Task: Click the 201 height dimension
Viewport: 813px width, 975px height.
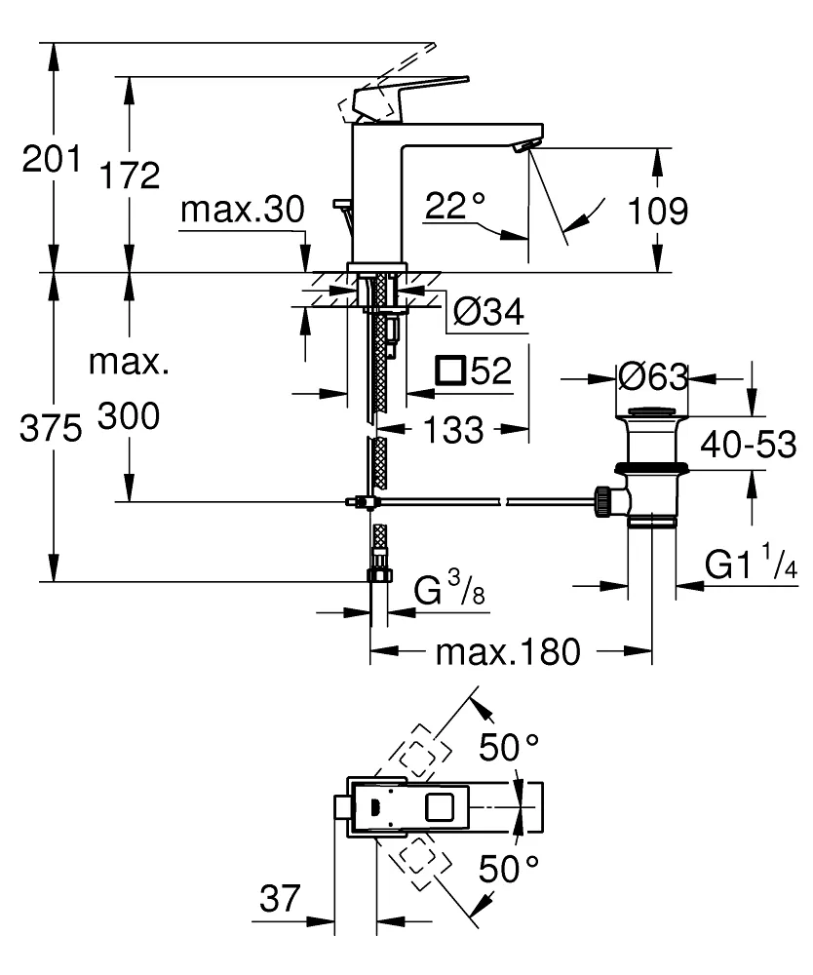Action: pyautogui.click(x=50, y=157)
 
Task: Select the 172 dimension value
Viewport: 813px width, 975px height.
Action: pyautogui.click(x=128, y=175)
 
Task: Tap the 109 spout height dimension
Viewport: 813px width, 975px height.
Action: pyautogui.click(x=658, y=210)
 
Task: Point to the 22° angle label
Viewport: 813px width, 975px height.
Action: pyautogui.click(x=454, y=206)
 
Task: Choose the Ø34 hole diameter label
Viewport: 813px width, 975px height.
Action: pyautogui.click(x=488, y=313)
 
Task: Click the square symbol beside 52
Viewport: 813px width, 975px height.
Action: pyautogui.click(x=450, y=371)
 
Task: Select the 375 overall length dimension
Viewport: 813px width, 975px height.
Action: pyautogui.click(x=50, y=430)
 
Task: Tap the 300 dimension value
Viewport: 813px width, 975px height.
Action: pyautogui.click(x=128, y=418)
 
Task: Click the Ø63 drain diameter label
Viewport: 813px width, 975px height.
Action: pyautogui.click(x=653, y=376)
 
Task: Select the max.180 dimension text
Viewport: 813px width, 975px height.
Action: pyautogui.click(x=507, y=651)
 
